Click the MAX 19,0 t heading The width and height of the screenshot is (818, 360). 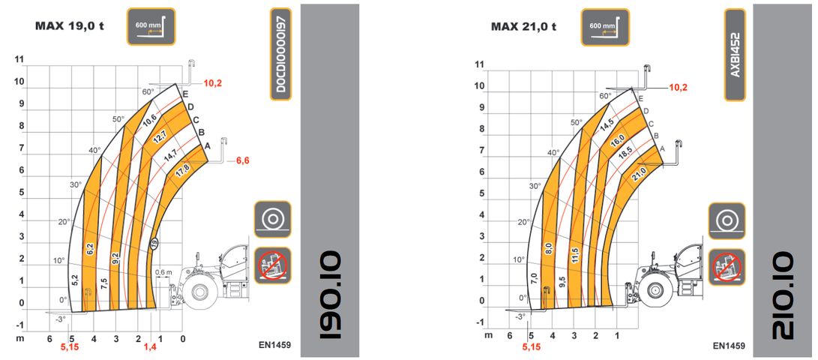click(70, 25)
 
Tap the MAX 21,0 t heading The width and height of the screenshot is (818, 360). click(524, 26)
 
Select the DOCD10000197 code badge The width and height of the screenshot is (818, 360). click(280, 54)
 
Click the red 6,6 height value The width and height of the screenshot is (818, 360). click(243, 161)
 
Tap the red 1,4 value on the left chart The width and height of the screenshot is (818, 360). click(150, 346)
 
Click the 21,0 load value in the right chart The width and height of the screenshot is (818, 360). click(639, 172)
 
